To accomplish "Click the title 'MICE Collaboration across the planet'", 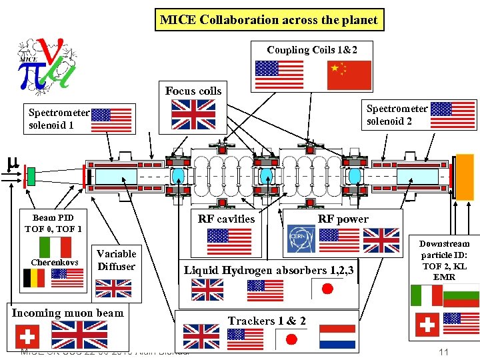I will (x=269, y=20).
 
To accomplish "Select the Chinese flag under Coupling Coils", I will (x=349, y=75).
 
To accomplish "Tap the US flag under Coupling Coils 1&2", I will (x=279, y=75).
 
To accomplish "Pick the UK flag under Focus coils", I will (x=193, y=114).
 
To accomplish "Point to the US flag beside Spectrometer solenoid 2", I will (x=453, y=115).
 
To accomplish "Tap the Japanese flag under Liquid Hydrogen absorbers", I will (x=327, y=290).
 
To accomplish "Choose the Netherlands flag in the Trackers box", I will (x=337, y=337).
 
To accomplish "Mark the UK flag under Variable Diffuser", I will (x=113, y=288).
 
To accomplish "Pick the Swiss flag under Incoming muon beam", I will (x=27, y=335).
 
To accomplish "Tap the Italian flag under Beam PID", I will (x=55, y=247).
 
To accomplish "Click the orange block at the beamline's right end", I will (x=465, y=177).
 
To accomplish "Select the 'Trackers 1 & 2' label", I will (x=267, y=321).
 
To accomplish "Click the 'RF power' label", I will (x=343, y=219).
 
